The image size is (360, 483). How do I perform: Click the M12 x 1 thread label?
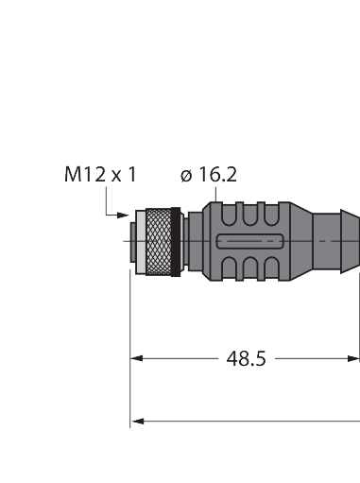99,174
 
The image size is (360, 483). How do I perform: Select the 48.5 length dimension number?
247,358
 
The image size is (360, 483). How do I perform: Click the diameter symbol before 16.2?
184,175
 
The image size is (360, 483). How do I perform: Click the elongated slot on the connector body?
252,243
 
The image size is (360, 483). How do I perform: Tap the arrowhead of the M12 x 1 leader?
125,216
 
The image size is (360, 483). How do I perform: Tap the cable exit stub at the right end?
341,243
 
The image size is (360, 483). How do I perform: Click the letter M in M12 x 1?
72,174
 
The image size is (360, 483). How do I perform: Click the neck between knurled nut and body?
185,243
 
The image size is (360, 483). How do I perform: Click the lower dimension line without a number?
246,420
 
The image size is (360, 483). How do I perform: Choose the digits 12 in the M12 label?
91,174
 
